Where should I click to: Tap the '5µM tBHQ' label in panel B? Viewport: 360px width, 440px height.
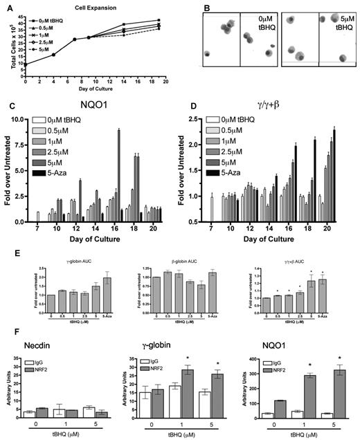[335, 21]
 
